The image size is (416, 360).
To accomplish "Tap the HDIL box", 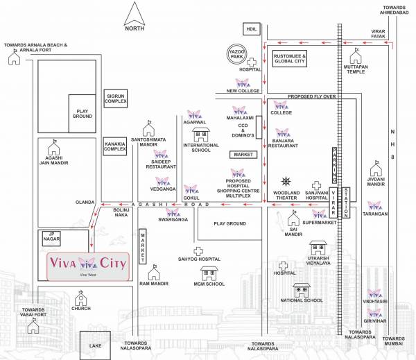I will point(250,28).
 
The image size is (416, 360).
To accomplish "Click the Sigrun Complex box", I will point(116,99).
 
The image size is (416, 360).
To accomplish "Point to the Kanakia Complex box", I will point(115,145).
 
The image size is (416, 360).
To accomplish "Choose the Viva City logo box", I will point(88,266).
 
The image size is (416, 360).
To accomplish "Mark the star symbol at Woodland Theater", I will point(286,180).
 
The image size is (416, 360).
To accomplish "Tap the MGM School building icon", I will point(209,273).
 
